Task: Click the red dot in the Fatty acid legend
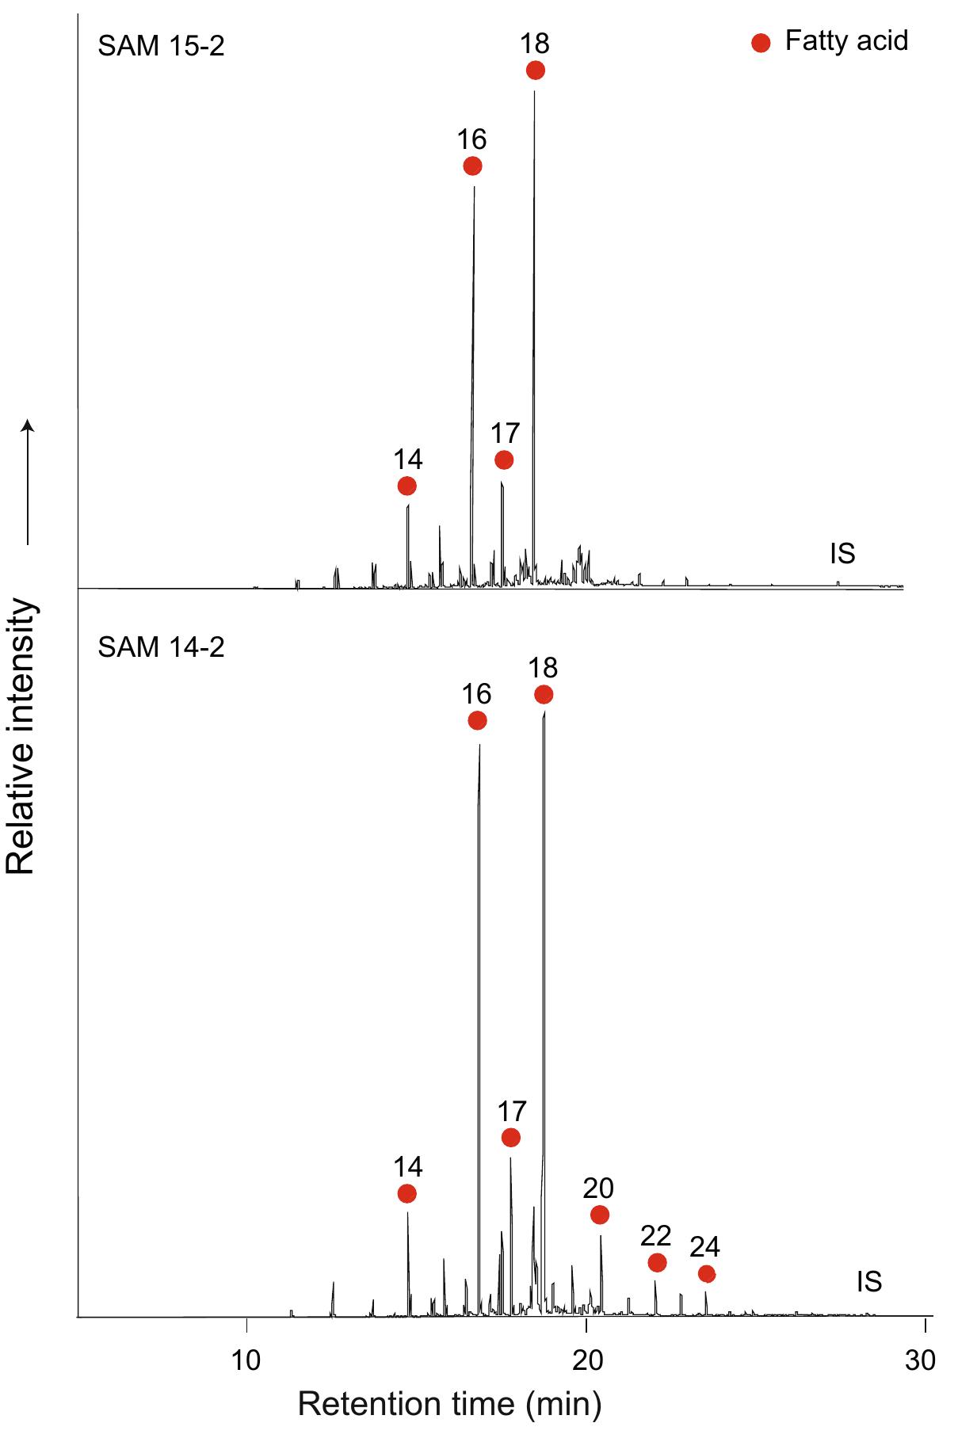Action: (761, 43)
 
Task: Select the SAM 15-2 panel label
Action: (161, 46)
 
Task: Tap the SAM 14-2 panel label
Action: (161, 647)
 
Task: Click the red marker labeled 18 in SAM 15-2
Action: (536, 71)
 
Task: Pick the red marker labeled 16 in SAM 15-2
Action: (472, 166)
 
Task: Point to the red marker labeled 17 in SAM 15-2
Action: (504, 460)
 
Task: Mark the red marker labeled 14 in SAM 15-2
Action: (406, 486)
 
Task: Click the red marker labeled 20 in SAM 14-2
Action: (600, 1215)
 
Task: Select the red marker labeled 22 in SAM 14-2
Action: (657, 1262)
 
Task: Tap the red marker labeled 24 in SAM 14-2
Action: (707, 1274)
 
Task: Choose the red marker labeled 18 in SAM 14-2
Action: (544, 695)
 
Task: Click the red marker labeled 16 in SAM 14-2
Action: (477, 720)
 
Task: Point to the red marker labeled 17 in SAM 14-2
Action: (511, 1138)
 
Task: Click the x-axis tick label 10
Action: (246, 1360)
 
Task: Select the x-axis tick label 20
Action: (586, 1360)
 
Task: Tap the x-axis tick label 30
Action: (920, 1360)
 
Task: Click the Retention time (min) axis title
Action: (449, 1404)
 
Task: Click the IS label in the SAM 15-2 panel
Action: (842, 554)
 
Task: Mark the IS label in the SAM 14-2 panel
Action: (869, 1282)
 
